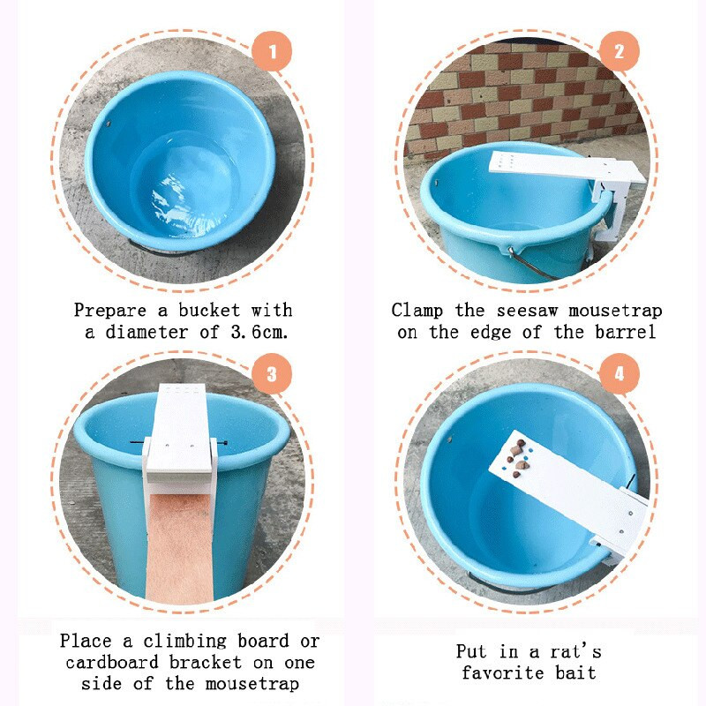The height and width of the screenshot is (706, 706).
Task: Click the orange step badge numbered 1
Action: coord(272,51)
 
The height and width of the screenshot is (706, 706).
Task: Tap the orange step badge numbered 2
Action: coord(620,51)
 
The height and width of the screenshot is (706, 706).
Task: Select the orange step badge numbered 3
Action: coord(272,373)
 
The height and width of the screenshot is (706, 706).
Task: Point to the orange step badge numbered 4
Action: coord(620,373)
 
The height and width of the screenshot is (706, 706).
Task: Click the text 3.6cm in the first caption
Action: coord(259,333)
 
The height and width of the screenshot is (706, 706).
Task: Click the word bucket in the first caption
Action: coord(209,310)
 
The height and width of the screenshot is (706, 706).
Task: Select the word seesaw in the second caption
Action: coord(527,311)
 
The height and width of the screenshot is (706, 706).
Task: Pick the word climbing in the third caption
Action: coord(185,641)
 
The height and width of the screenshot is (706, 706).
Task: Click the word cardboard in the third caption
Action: coord(112,663)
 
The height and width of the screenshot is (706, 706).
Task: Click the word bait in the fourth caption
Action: coord(576,673)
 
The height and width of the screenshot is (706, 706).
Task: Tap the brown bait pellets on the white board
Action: coord(519,455)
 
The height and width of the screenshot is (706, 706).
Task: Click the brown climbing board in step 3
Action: coord(180,547)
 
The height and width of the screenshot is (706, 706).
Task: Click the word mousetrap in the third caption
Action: coord(252,684)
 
